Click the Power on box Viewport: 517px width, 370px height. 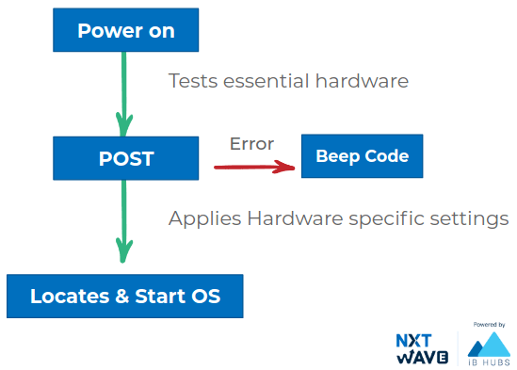click(125, 30)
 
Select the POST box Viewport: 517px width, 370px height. click(125, 158)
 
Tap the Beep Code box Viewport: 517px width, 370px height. click(362, 156)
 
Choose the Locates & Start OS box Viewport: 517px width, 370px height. click(125, 297)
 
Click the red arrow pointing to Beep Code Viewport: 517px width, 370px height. click(254, 167)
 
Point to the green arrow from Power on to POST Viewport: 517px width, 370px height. click(124, 94)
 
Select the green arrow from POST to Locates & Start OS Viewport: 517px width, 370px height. click(124, 221)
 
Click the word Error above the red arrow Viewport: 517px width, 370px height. click(251, 144)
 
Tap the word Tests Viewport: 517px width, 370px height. click(193, 81)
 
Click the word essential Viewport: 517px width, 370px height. click(267, 81)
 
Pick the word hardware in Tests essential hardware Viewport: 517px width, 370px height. click(362, 81)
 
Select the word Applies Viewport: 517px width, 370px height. click(204, 219)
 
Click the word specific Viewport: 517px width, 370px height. click(386, 219)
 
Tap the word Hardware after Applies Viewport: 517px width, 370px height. click(295, 218)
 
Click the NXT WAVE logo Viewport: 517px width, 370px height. click(422, 348)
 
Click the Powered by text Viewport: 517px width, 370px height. click(489, 325)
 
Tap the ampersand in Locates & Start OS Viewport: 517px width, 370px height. click(122, 297)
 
